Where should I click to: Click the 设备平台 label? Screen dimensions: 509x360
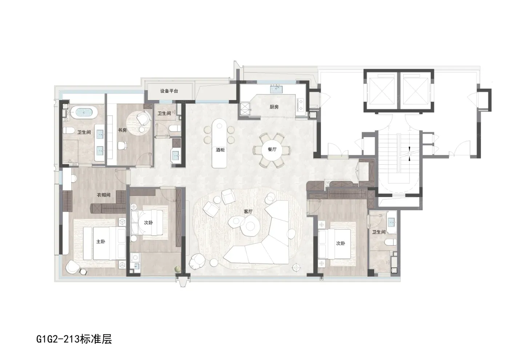[169, 91]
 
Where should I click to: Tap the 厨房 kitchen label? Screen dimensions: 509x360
[274, 107]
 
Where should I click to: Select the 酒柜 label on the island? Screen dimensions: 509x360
[220, 150]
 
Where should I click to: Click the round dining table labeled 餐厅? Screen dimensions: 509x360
[272, 149]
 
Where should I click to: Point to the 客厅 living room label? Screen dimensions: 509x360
[248, 212]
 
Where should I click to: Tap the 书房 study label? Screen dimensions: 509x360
[122, 130]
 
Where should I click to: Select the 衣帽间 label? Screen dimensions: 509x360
[104, 195]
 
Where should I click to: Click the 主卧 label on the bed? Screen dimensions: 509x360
[101, 241]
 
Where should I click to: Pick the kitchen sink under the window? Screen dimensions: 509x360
[276, 89]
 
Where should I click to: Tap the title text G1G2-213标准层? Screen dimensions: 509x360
[74, 340]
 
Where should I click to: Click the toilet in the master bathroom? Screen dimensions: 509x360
[68, 131]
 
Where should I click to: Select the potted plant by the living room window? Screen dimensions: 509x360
[178, 269]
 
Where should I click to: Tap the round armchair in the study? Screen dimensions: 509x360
[144, 117]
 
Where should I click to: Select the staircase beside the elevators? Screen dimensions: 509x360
[399, 159]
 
